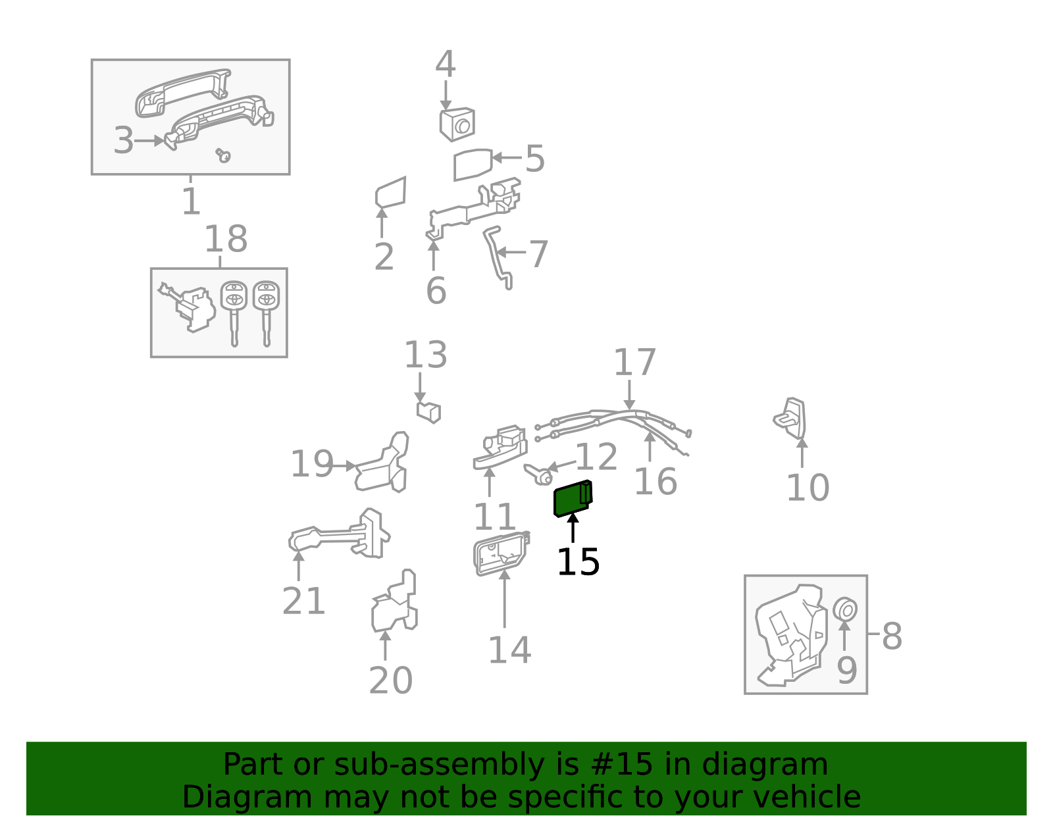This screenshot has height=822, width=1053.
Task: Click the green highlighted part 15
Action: click(572, 499)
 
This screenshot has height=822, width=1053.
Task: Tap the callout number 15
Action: click(578, 563)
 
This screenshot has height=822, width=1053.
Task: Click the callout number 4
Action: click(446, 64)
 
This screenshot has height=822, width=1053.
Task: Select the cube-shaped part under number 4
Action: click(457, 124)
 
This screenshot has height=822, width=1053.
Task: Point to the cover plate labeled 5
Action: click(472, 164)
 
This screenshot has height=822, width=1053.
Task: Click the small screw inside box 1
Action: click(224, 155)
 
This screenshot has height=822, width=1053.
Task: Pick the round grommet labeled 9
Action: click(845, 610)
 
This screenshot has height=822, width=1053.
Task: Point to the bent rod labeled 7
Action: click(497, 257)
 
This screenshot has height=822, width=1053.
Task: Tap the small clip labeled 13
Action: click(428, 412)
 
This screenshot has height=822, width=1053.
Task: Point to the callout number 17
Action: click(634, 363)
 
